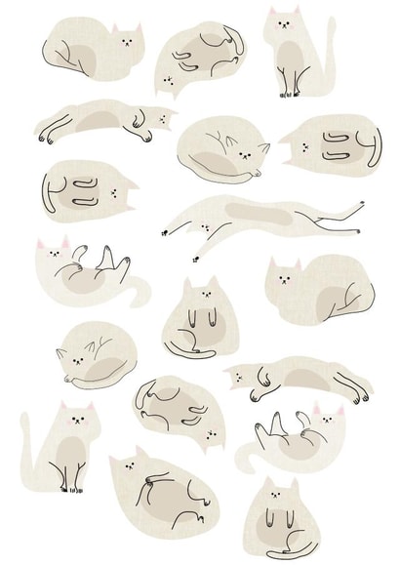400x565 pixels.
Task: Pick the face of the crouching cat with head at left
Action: (x=284, y=278)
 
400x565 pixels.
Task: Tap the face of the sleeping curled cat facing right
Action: (x=257, y=153)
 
